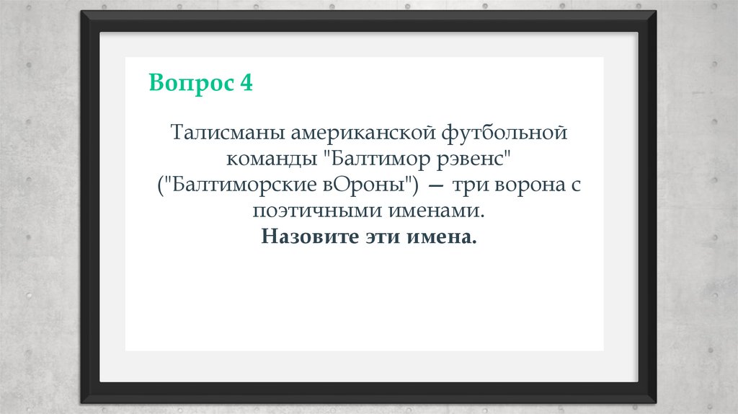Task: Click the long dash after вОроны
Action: (435, 185)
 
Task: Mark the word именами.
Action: (436, 211)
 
